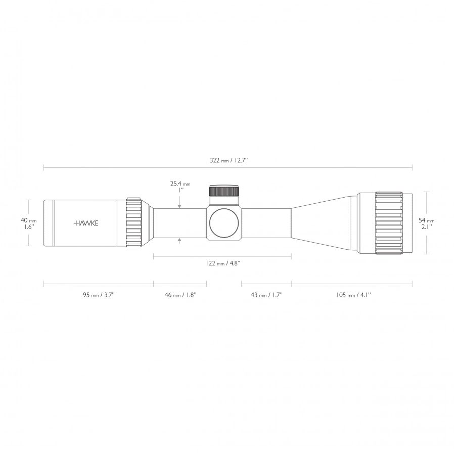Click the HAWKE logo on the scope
[x=86, y=223]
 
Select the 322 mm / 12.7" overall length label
[x=229, y=160]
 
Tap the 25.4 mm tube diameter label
[x=180, y=187]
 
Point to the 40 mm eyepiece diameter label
[x=28, y=223]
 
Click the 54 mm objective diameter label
[x=426, y=223]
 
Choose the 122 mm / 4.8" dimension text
[x=223, y=263]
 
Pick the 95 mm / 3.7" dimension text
[x=99, y=295]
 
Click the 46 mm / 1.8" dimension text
[x=180, y=295]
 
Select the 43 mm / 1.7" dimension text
[x=266, y=295]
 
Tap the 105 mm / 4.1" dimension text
[x=353, y=295]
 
